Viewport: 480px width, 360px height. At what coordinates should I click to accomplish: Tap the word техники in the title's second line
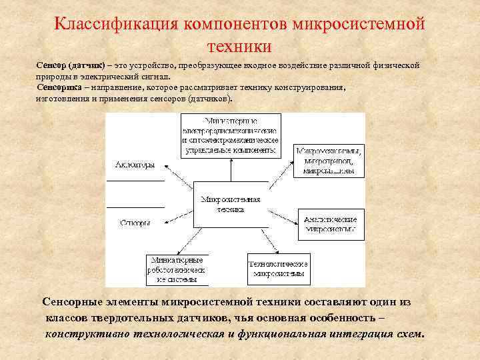[239, 47]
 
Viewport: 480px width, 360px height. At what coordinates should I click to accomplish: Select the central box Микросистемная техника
[230, 204]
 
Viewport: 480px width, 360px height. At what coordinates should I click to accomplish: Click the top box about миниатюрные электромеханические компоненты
[231, 135]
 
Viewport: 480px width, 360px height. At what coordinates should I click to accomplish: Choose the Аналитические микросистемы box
[330, 224]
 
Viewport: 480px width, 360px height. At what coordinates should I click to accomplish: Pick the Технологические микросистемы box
[278, 269]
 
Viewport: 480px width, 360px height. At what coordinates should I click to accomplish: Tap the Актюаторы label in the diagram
[135, 165]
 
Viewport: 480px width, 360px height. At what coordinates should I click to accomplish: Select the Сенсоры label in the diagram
[135, 223]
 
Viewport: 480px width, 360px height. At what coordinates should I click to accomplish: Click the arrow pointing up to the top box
[231, 170]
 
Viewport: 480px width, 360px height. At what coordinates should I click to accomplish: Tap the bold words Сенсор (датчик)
[69, 65]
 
